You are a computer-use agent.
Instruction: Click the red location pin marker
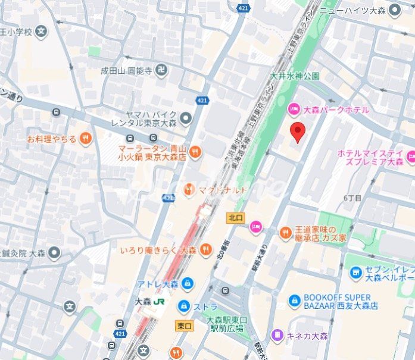[x=298, y=132]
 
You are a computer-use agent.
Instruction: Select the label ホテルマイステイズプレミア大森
[x=370, y=157]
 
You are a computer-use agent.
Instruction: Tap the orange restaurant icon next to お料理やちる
[x=86, y=139]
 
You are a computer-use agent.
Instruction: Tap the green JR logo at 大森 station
[x=159, y=302]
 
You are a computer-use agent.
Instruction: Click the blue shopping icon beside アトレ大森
[x=188, y=283]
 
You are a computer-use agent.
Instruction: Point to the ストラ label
[x=207, y=307]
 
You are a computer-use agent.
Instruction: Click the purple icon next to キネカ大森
[x=277, y=336]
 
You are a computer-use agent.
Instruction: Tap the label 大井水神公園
[x=295, y=76]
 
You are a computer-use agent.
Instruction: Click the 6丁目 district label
[x=352, y=198]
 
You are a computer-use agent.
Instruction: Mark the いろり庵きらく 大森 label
[x=158, y=250]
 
